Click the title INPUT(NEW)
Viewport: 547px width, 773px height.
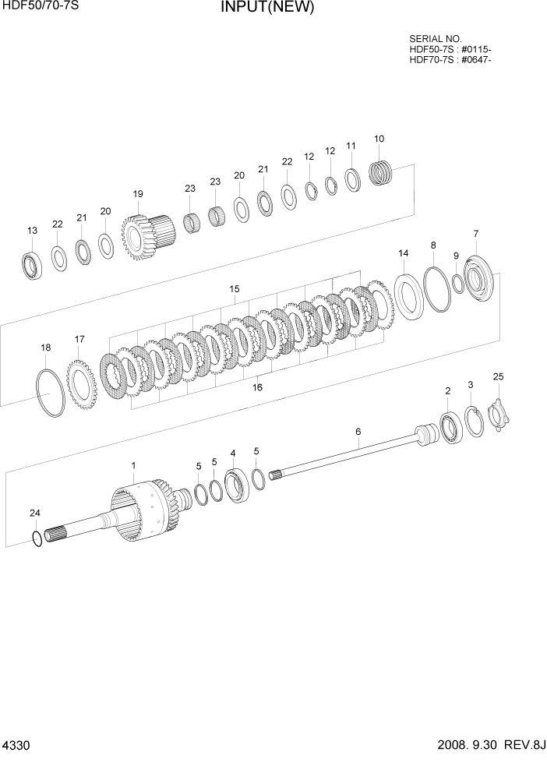[266, 9]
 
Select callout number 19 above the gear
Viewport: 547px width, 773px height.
[138, 194]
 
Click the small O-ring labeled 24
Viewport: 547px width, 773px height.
[37, 538]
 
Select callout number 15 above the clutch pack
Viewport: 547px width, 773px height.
[234, 289]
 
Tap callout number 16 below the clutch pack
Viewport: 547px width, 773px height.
[257, 386]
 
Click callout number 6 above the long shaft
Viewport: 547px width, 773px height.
[358, 432]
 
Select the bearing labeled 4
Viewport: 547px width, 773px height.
[235, 487]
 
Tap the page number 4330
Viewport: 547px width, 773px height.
[16, 746]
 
